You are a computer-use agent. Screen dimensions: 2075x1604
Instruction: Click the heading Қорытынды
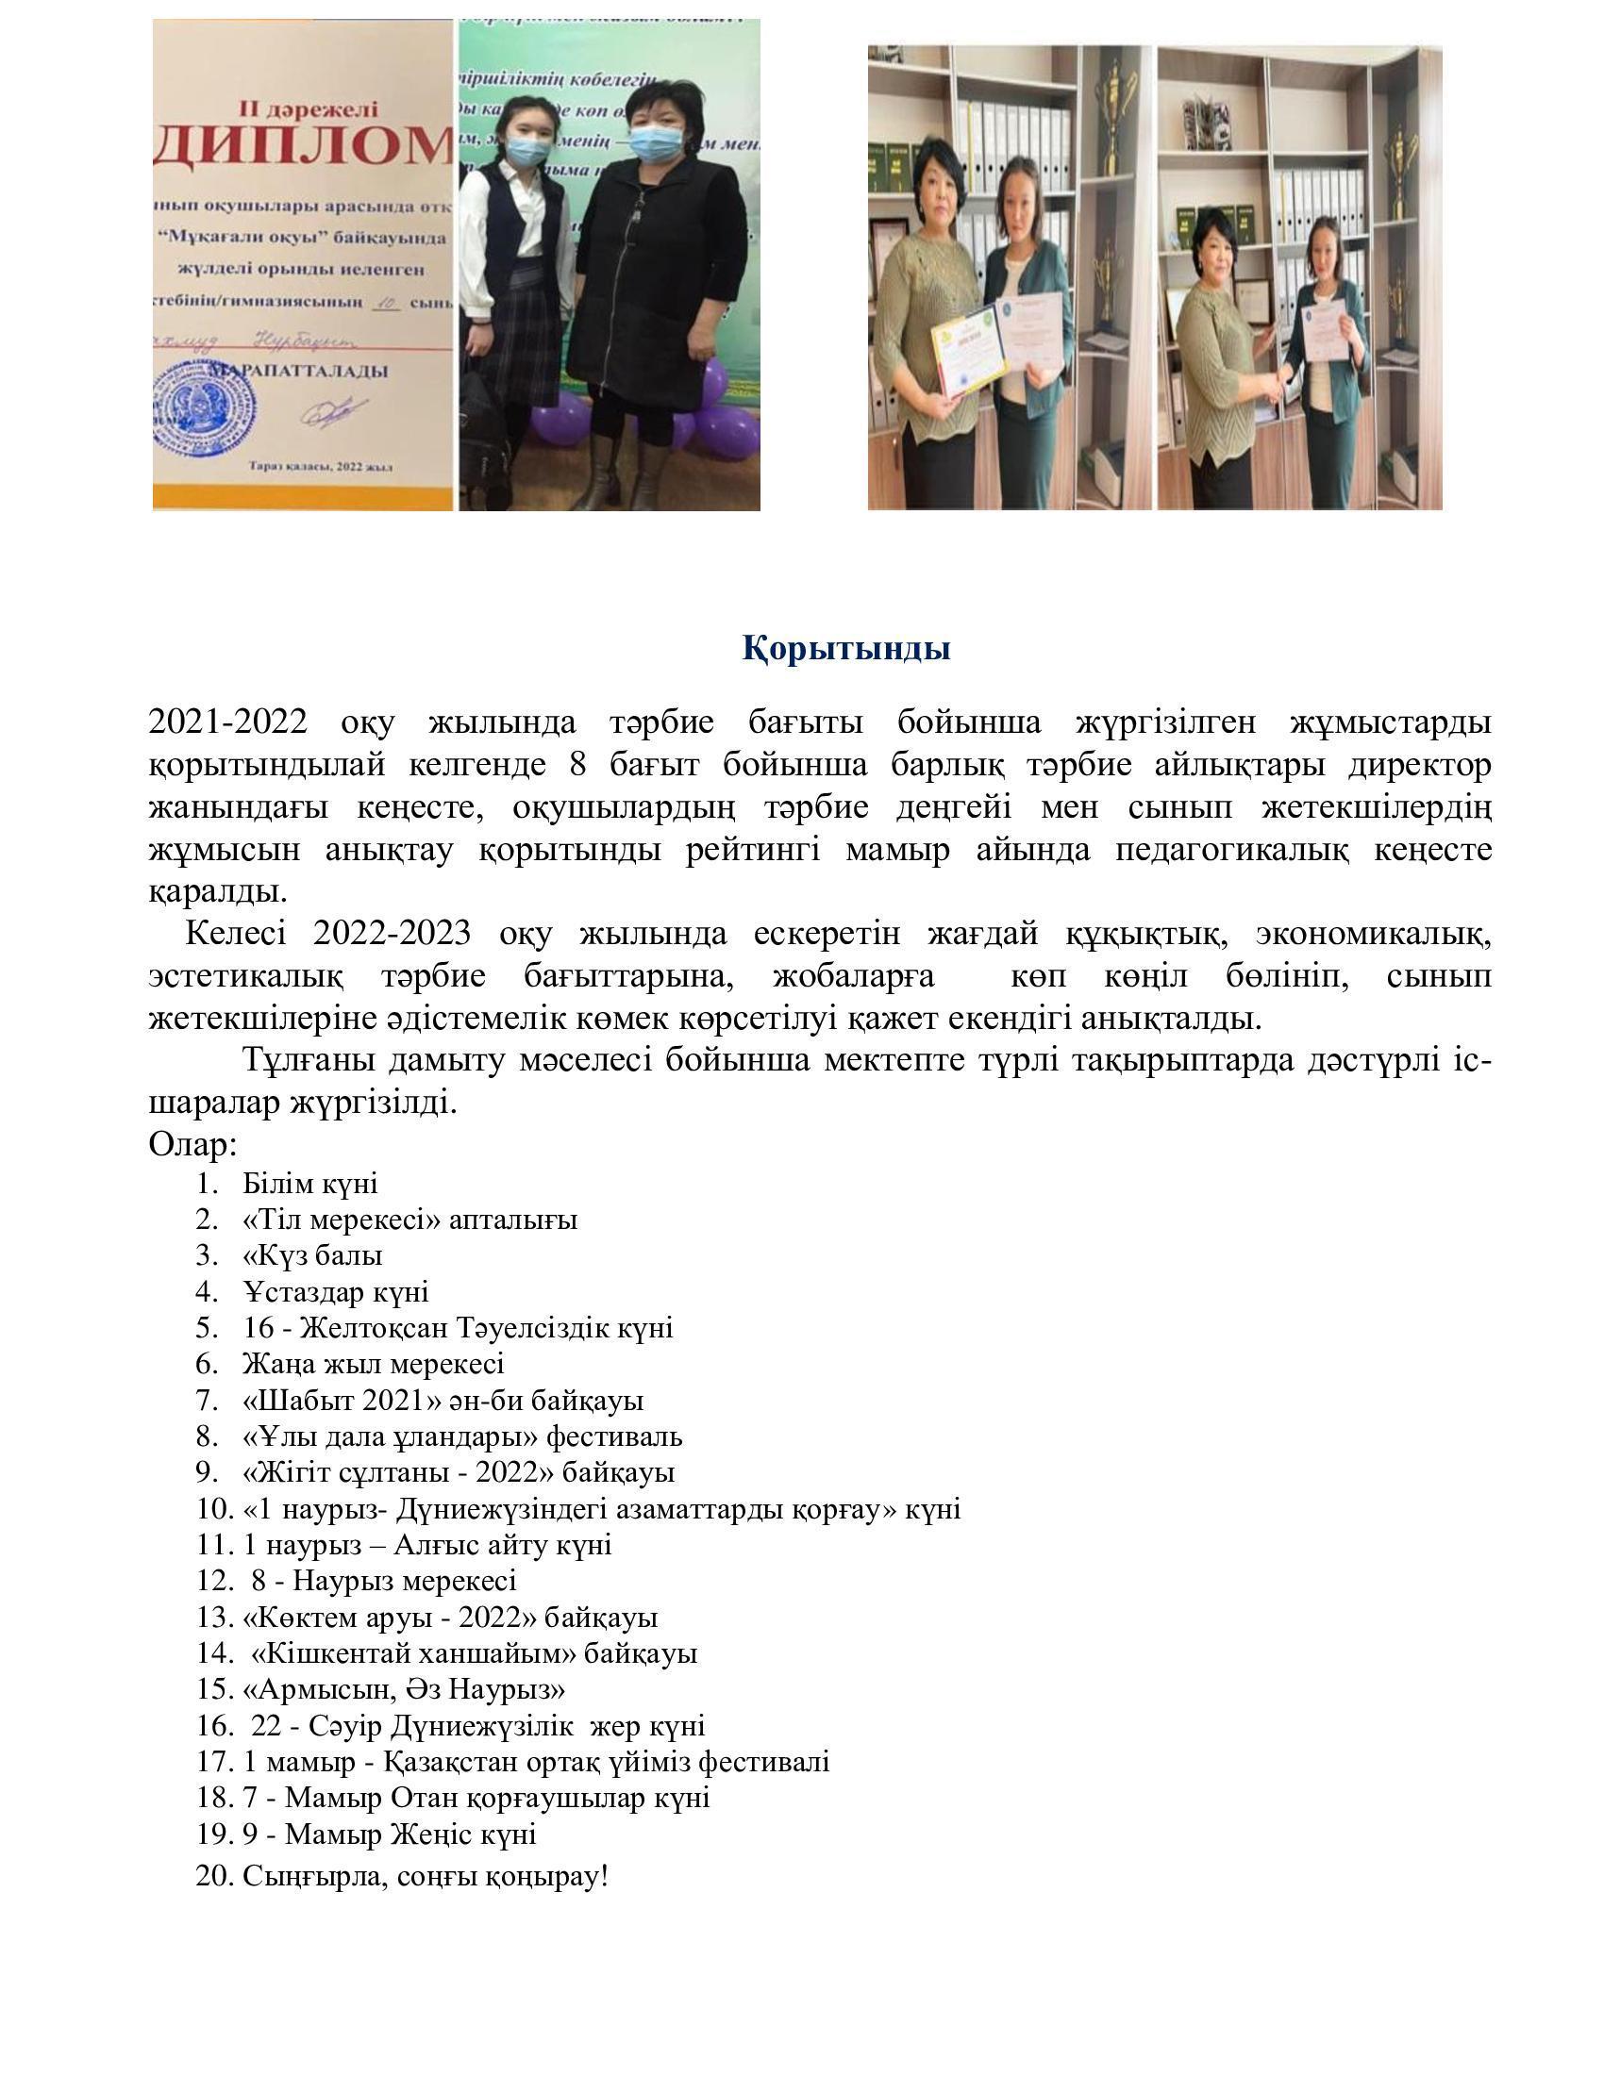click(845, 649)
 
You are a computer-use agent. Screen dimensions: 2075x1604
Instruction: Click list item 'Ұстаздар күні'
click(336, 1292)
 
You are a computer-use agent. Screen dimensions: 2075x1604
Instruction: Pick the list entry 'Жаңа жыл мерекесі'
click(374, 1365)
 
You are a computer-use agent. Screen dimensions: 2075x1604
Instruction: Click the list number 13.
click(215, 1617)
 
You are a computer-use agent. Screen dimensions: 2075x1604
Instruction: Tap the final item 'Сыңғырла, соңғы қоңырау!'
click(425, 1876)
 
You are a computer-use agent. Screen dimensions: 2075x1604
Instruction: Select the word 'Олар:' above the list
click(192, 1145)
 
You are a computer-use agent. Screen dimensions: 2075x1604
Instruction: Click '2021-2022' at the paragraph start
click(228, 722)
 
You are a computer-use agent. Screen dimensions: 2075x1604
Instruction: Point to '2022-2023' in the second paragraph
click(392, 934)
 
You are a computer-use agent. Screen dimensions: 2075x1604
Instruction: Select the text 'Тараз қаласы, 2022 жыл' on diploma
click(321, 467)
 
